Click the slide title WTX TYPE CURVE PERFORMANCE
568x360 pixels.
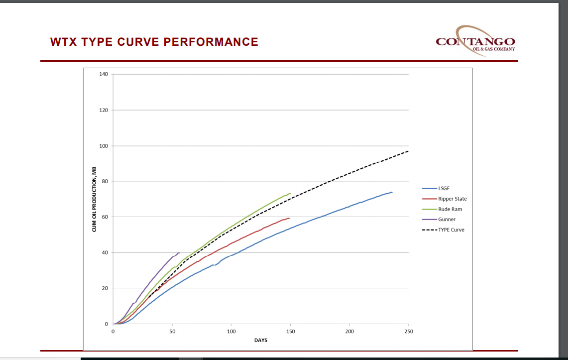[x=154, y=42]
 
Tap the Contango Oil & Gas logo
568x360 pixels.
[x=475, y=41]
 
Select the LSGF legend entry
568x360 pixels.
[x=444, y=188]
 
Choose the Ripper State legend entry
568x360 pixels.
[x=452, y=199]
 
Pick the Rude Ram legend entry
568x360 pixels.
[x=449, y=209]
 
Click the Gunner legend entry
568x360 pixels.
[x=447, y=220]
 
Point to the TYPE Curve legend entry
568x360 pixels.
[x=451, y=230]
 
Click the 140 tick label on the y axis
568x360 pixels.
[x=103, y=74]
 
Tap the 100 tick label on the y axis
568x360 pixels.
[x=103, y=146]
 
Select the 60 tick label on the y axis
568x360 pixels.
[x=105, y=217]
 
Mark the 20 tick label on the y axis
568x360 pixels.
[x=105, y=288]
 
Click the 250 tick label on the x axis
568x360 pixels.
[x=408, y=331]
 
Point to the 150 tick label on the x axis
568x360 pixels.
[x=290, y=331]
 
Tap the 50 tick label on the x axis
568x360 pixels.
[x=172, y=331]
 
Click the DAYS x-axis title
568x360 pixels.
[x=261, y=340]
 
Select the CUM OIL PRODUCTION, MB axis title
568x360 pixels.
[x=94, y=199]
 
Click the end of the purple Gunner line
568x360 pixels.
[x=179, y=253]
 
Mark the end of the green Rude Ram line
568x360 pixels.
[x=290, y=194]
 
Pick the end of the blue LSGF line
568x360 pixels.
[x=392, y=192]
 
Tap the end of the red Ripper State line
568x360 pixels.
[x=289, y=218]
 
